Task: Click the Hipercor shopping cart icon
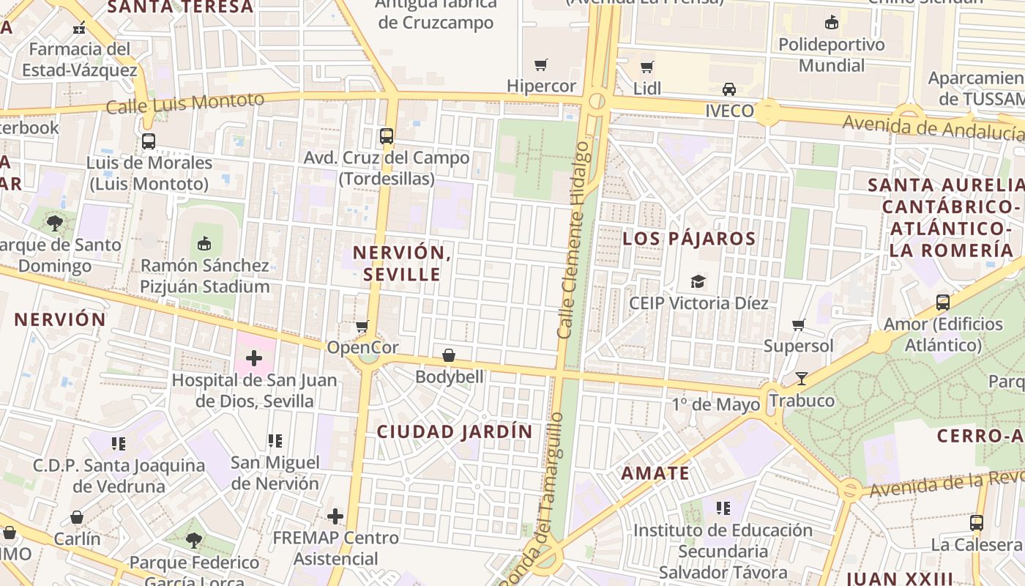pos(541,65)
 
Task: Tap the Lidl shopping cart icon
pos(646,67)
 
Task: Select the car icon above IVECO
pos(729,89)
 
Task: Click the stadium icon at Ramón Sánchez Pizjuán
pos(205,243)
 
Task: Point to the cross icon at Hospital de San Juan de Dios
pos(254,358)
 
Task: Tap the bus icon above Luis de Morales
pos(149,141)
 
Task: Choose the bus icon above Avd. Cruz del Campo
pos(387,136)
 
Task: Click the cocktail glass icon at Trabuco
pos(802,379)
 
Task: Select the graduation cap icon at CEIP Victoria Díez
pos(698,281)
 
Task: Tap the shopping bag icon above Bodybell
pos(449,355)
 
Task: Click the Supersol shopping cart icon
pos(799,324)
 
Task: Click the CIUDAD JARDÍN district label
pos(455,432)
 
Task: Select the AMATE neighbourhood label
pos(655,473)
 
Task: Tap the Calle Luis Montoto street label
pos(184,103)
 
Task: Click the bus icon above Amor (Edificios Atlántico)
pos(943,302)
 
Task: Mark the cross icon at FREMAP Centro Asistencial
pos(335,516)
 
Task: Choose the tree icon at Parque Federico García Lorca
pos(194,541)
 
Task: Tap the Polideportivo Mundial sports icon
pos(831,23)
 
